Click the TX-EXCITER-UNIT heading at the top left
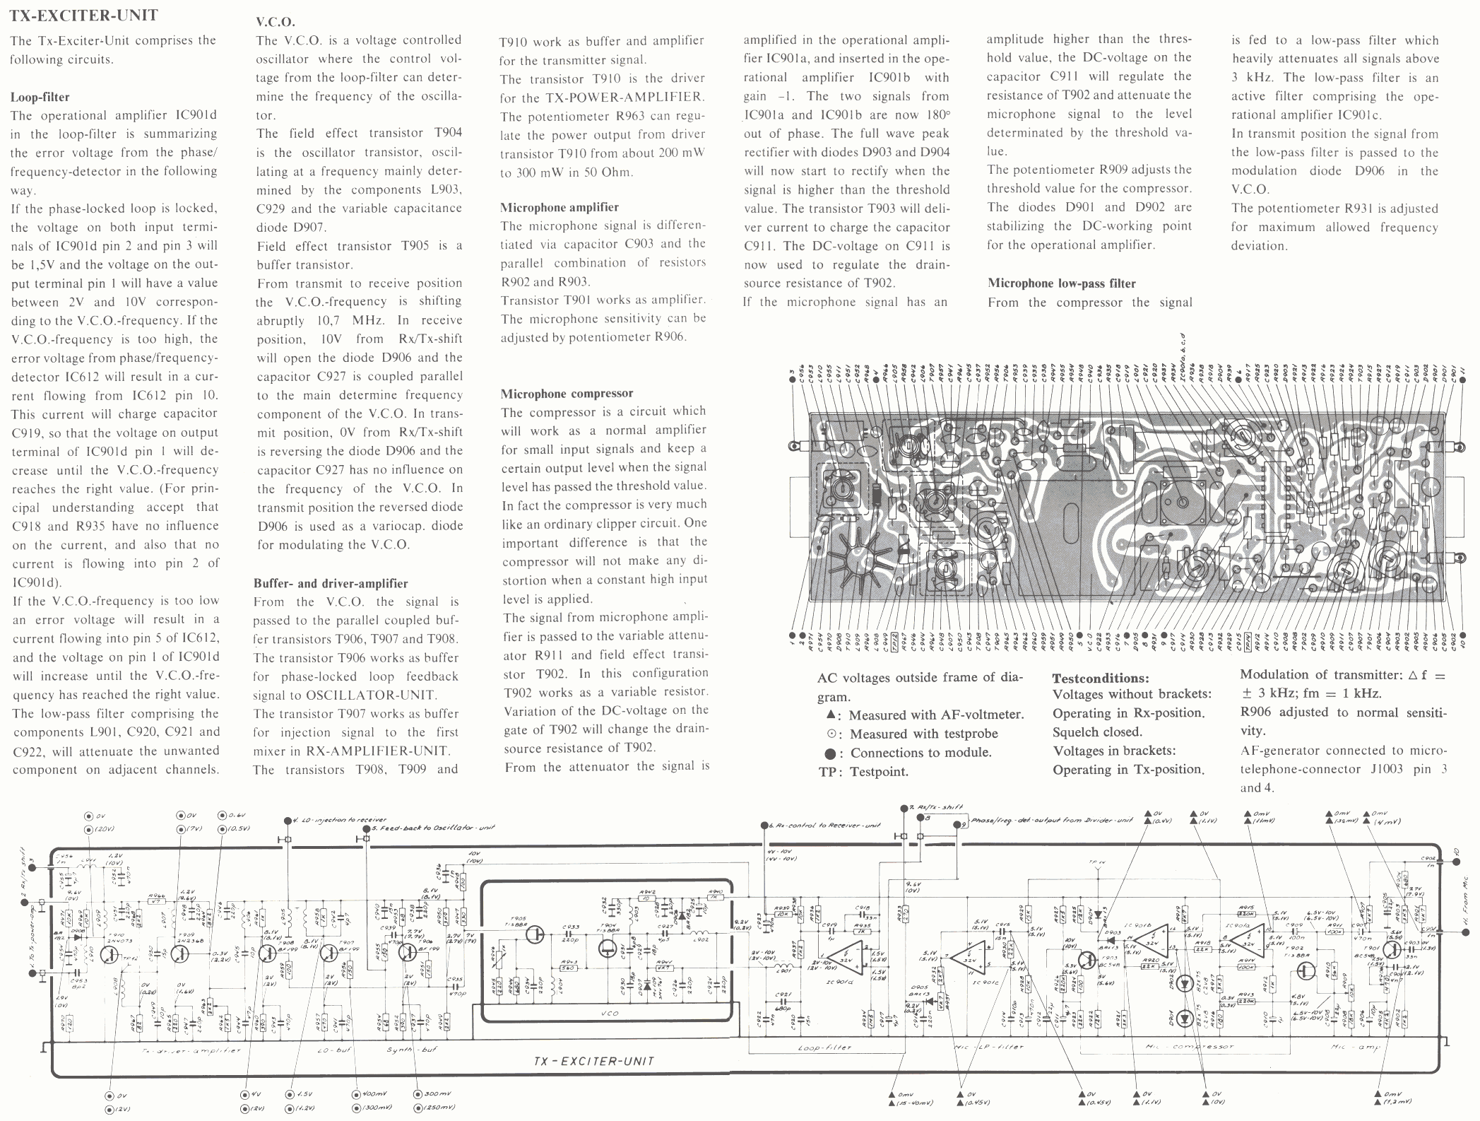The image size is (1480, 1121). tap(83, 15)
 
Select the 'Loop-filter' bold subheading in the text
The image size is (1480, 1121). tap(40, 97)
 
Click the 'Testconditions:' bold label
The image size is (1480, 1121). tap(1100, 678)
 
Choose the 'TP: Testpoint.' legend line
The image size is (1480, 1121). tap(863, 772)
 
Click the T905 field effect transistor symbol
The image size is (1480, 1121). tap(535, 934)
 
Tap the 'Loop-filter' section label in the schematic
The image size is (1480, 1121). tap(824, 1047)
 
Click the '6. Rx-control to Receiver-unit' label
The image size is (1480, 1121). tap(819, 826)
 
